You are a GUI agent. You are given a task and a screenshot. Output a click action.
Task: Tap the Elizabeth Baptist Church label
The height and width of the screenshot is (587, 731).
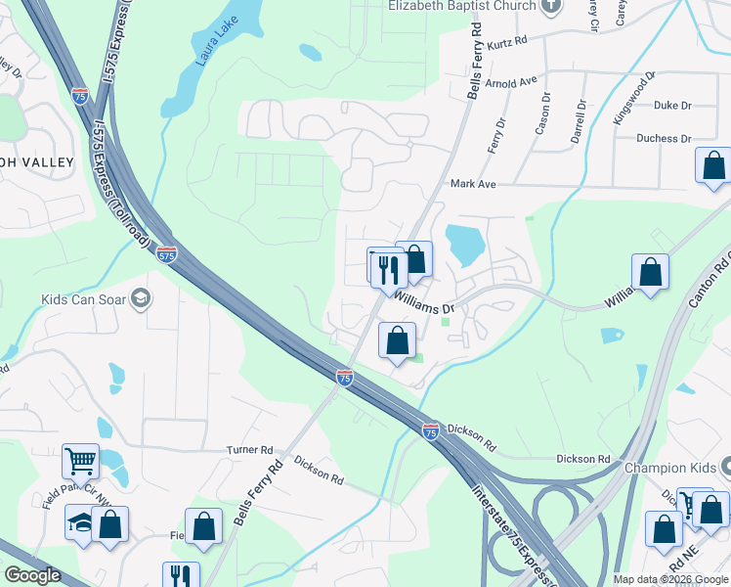tap(461, 6)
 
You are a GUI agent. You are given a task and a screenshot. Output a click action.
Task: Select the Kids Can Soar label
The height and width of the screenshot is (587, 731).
tap(83, 298)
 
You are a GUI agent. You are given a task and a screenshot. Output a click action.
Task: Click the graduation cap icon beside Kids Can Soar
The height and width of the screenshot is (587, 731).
tap(142, 297)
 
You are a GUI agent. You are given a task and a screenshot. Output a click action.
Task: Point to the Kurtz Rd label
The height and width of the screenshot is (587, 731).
tap(507, 42)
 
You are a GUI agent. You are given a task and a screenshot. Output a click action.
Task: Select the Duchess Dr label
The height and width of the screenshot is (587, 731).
tap(663, 139)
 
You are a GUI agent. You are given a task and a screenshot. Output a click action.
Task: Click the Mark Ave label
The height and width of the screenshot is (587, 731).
tap(474, 183)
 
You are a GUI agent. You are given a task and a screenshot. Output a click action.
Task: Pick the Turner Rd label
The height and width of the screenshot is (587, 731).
tap(249, 450)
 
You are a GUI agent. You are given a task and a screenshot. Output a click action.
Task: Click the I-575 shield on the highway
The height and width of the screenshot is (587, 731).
tap(166, 254)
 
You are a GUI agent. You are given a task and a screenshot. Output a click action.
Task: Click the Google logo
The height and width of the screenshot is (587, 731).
tap(32, 575)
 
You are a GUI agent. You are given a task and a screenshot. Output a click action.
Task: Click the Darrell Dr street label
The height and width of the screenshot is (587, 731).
tap(580, 119)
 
